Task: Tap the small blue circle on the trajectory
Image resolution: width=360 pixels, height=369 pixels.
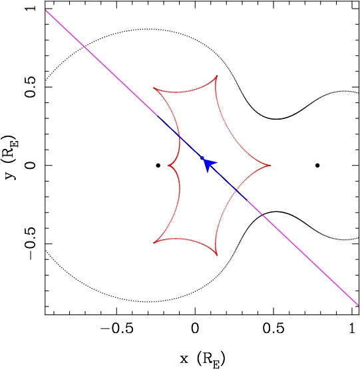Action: (x=202, y=158)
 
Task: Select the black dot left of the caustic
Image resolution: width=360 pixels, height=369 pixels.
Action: (x=158, y=166)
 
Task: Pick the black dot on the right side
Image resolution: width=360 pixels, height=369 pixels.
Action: (x=317, y=166)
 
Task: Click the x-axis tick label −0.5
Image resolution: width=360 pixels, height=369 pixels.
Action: (x=117, y=328)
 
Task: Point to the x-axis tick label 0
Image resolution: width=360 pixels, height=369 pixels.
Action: (x=195, y=328)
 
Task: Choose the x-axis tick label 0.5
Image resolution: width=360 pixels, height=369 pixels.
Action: (x=273, y=328)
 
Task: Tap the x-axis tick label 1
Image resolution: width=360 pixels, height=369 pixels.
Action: (x=352, y=328)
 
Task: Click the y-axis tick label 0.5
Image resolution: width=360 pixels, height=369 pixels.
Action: (x=31, y=87)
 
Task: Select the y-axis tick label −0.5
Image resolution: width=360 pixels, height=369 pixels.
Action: (x=31, y=243)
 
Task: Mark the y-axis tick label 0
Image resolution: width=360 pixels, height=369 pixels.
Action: (x=31, y=166)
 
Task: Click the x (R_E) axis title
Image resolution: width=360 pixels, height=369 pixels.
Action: (x=202, y=358)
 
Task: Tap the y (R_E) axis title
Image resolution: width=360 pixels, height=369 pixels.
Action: (x=11, y=158)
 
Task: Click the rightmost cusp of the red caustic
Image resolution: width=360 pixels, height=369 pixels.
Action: (x=270, y=166)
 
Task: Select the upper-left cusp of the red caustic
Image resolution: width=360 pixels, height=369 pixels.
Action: (x=154, y=88)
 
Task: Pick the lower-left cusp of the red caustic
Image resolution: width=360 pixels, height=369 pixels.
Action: (x=154, y=243)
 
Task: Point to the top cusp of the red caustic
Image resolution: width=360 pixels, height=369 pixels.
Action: (x=217, y=76)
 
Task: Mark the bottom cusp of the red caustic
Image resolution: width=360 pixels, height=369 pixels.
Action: (x=217, y=255)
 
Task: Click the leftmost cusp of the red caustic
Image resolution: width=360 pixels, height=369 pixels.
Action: (x=168, y=166)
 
